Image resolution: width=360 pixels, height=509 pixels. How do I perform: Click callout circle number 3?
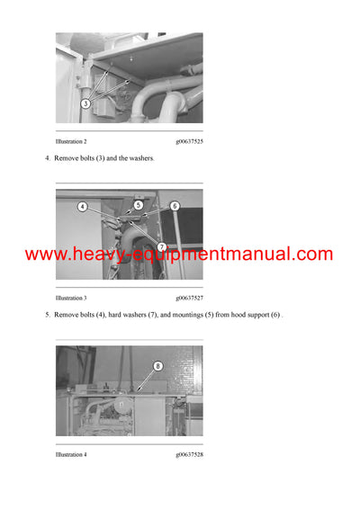click(85, 103)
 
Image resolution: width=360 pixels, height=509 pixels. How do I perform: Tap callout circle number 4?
click(82, 206)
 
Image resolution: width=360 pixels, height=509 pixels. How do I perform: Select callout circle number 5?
click(139, 205)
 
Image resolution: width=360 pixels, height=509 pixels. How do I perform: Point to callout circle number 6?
click(175, 205)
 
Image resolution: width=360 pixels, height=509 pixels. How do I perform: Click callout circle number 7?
click(161, 246)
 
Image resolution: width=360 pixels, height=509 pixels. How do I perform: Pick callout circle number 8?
click(157, 366)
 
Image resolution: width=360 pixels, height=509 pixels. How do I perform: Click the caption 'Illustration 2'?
click(71, 142)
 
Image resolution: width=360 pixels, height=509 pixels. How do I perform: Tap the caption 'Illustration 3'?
click(71, 298)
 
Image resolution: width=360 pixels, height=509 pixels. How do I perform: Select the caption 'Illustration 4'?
click(71, 454)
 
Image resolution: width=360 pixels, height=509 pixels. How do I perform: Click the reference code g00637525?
click(190, 142)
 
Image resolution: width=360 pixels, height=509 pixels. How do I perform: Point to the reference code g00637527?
click(190, 298)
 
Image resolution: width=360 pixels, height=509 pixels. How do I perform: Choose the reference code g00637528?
click(190, 454)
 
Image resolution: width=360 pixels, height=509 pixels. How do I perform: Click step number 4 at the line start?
click(47, 158)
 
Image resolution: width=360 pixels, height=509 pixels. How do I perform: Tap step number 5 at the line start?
click(47, 315)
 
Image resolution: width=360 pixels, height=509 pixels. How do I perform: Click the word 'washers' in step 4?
click(141, 158)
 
